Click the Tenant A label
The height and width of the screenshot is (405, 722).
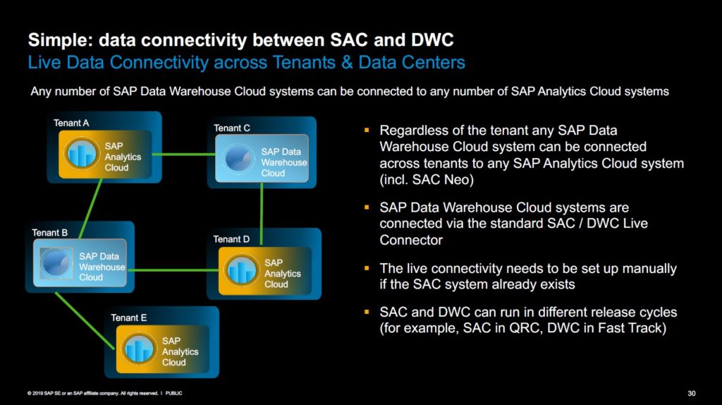(x=71, y=123)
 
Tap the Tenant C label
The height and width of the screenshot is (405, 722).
(x=232, y=128)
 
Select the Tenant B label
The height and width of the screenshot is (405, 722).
(x=49, y=232)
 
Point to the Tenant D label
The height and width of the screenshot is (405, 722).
(x=231, y=239)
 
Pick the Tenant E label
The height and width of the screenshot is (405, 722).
(x=128, y=318)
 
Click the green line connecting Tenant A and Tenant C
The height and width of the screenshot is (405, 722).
(x=179, y=155)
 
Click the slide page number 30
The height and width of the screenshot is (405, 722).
(x=691, y=393)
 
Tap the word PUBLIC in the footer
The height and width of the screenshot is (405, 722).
(x=173, y=393)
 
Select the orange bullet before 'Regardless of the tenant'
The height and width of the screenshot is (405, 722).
(x=367, y=131)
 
